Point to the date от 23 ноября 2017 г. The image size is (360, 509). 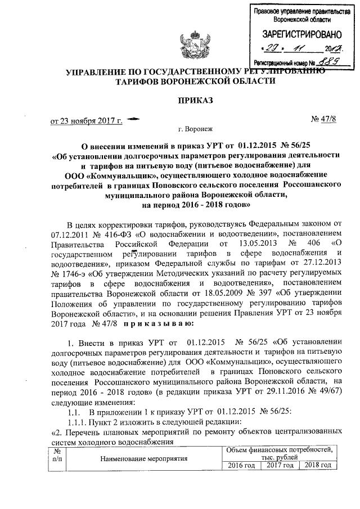pyautogui.click(x=87, y=120)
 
